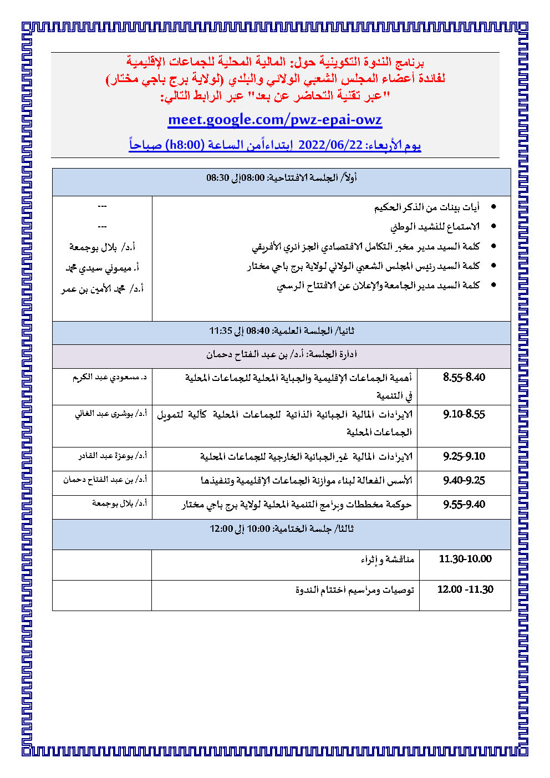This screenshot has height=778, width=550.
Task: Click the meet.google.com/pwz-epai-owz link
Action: (275, 120)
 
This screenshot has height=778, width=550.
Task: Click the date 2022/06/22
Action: (330, 145)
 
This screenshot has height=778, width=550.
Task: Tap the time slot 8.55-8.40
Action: (464, 378)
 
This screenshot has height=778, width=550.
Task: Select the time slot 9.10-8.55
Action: (464, 414)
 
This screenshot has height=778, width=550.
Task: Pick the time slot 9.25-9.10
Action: (464, 456)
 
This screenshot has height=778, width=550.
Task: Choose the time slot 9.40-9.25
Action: (464, 481)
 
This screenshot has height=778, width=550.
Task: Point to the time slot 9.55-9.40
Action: (464, 505)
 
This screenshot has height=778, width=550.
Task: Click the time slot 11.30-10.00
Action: (465, 559)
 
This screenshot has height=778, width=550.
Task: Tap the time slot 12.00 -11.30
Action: (465, 589)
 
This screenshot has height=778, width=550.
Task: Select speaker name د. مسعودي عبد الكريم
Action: (110, 377)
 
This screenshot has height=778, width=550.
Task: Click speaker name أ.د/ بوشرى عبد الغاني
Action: (111, 414)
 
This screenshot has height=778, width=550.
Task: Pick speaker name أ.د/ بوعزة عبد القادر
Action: (113, 456)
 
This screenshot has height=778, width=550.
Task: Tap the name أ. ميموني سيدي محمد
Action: (101, 268)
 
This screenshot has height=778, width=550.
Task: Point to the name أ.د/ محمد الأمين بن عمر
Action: (102, 289)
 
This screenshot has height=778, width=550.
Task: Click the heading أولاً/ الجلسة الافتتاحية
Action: (282, 177)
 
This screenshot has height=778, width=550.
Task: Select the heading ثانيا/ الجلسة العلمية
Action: (282, 331)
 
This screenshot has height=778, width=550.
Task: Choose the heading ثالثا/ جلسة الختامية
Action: (282, 529)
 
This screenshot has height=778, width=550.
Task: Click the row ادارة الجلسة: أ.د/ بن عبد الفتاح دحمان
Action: (282, 354)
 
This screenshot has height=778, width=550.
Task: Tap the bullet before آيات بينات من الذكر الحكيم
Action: (493, 207)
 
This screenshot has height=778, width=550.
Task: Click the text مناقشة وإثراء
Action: (387, 560)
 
